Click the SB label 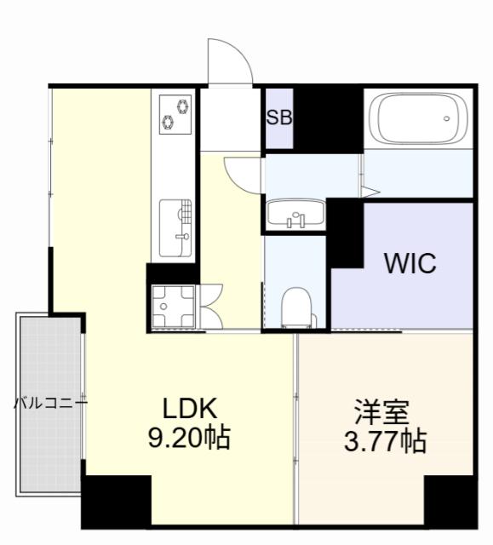279,118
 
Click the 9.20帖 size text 188,439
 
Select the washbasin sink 295,214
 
